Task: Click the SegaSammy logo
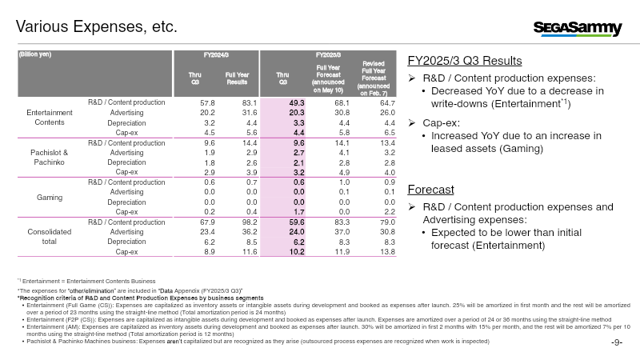(x=578, y=28)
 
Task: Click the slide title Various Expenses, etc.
(x=97, y=26)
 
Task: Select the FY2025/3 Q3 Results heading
(x=465, y=61)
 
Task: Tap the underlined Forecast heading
(x=430, y=190)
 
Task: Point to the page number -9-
(x=617, y=342)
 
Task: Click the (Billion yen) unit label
(x=35, y=54)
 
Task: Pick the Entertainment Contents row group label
(x=50, y=118)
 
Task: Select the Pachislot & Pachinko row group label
(x=50, y=157)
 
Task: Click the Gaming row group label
(x=50, y=197)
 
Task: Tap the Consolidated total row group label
(x=50, y=237)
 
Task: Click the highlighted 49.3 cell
(x=297, y=103)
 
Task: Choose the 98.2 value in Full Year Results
(x=250, y=222)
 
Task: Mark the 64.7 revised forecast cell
(x=387, y=103)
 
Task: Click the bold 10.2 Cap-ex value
(x=297, y=252)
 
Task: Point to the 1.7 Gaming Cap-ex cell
(x=298, y=212)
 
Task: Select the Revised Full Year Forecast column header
(x=374, y=78)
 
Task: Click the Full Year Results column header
(x=237, y=78)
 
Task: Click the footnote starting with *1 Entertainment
(x=86, y=281)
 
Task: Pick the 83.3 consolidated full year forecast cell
(x=342, y=222)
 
